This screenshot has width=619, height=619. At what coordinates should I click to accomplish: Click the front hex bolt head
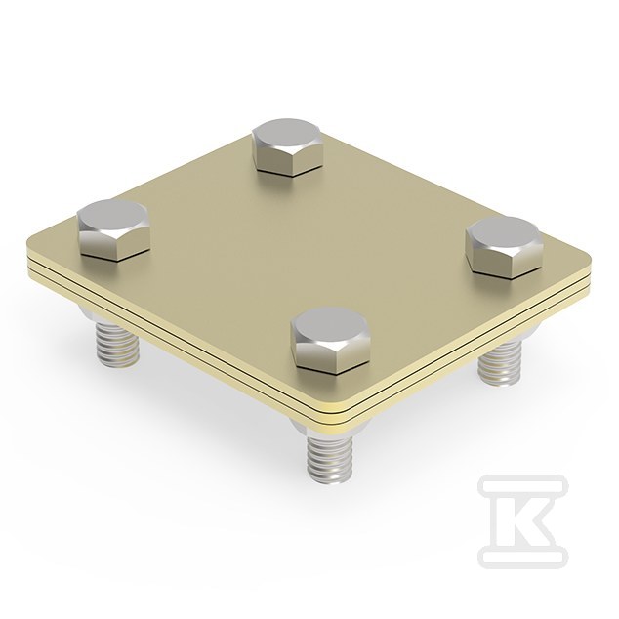coord(331,341)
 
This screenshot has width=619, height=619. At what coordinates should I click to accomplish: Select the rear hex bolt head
coord(287,147)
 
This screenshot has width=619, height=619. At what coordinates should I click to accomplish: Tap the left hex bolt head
coord(113,230)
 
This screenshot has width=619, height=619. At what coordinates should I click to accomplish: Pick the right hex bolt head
coord(503,248)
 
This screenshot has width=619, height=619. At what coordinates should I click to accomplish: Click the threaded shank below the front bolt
coord(330,458)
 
